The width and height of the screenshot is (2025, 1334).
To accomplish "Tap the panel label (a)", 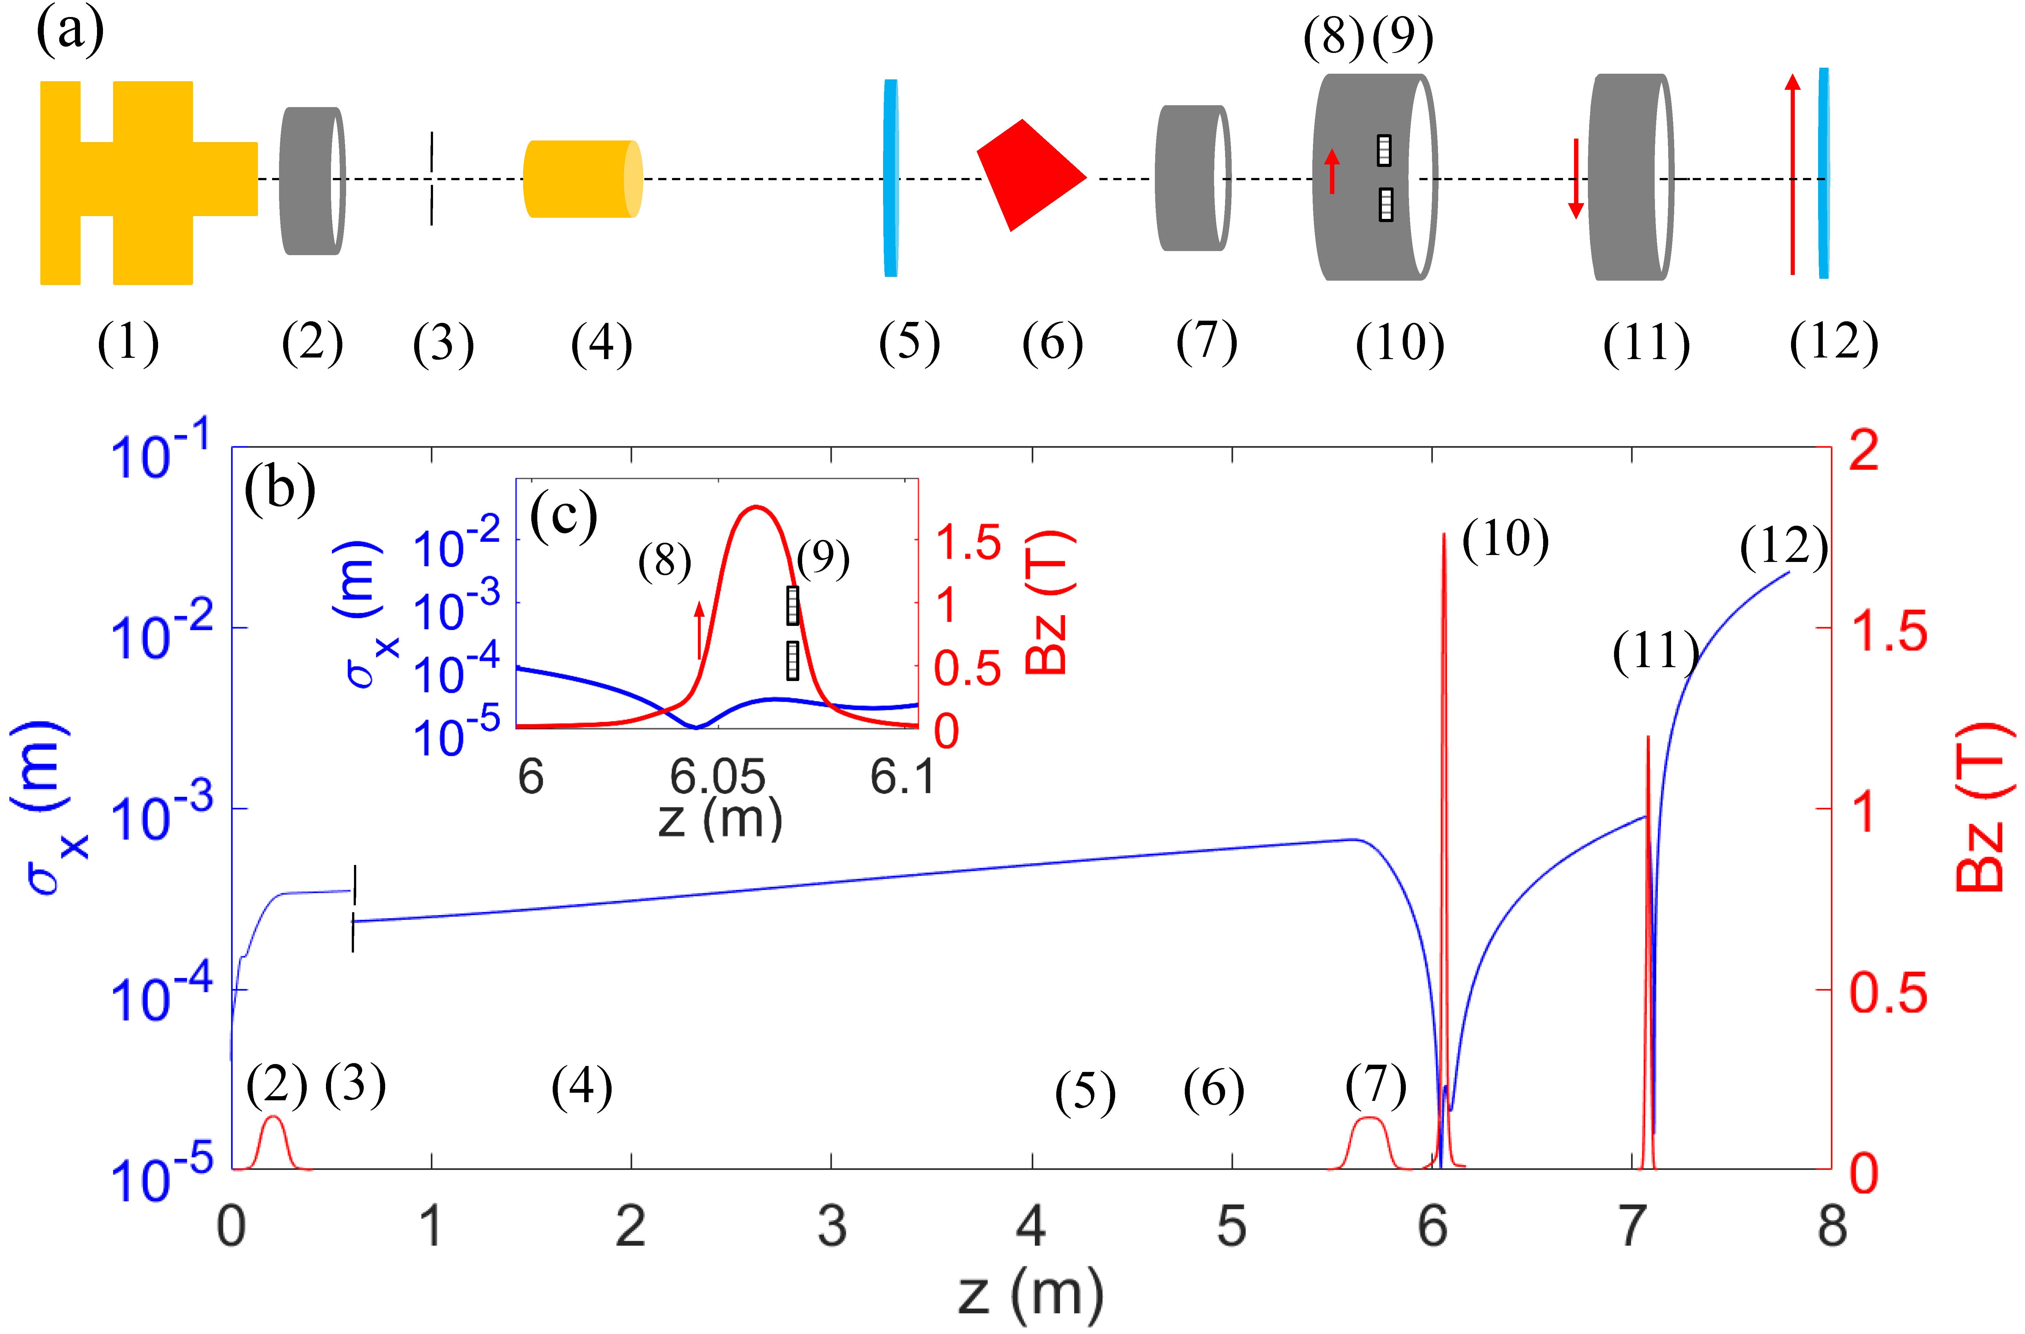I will (x=70, y=32).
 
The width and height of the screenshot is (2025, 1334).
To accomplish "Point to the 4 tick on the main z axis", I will (x=1031, y=1227).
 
